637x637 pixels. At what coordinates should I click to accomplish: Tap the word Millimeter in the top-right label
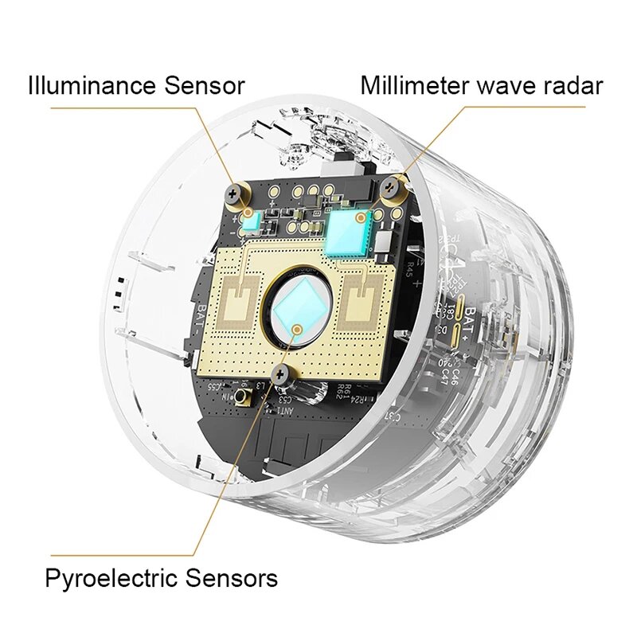[x=413, y=84]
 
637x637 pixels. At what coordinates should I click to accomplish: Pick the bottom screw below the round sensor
[x=281, y=373]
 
